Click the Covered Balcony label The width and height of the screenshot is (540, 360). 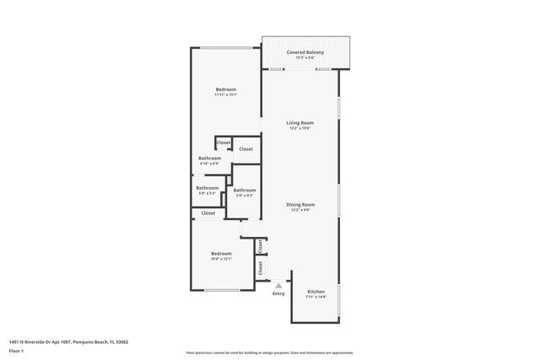point(305,51)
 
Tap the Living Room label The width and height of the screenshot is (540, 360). point(300,123)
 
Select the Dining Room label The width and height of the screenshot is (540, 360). point(301,204)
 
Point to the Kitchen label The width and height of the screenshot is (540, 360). point(316,292)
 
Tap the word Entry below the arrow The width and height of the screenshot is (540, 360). point(278,293)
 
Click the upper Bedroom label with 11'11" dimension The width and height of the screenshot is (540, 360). point(225,89)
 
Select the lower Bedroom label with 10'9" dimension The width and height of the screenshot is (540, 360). point(221,253)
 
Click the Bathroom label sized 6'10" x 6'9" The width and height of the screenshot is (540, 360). point(210,159)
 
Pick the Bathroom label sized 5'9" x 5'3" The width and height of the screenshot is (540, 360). point(208,188)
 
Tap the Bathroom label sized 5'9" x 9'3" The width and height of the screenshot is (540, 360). point(245,191)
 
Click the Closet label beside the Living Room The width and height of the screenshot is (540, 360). point(246,149)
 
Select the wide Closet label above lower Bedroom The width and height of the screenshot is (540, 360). point(208,213)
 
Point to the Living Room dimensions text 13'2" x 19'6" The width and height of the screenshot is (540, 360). point(300,129)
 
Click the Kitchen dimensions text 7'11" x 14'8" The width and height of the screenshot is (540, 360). point(316,298)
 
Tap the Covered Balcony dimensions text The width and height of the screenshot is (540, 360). point(305,57)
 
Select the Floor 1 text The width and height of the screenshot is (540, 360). point(18,350)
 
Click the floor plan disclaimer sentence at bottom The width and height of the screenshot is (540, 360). point(270,352)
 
